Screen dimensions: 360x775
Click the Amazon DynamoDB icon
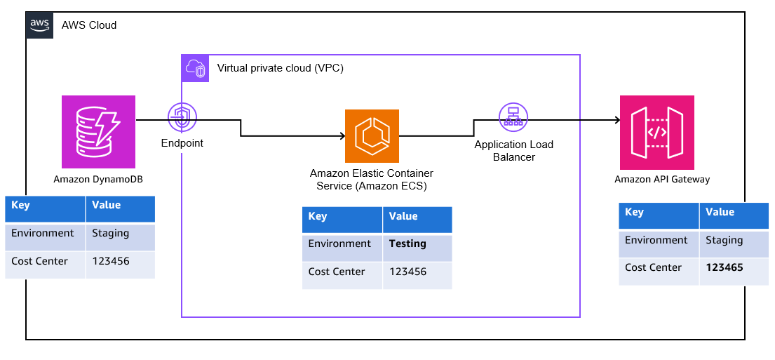coord(98,132)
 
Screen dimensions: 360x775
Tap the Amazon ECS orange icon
coord(372,136)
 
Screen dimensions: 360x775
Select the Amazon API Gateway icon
coord(656,132)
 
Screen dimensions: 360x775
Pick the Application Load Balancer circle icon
coord(513,117)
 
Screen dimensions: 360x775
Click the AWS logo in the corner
coord(39,25)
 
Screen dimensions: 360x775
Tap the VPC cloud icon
coord(195,68)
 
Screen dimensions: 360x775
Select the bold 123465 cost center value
coord(725,267)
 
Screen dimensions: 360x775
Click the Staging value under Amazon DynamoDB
coord(111,233)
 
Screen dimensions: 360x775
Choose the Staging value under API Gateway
coord(725,240)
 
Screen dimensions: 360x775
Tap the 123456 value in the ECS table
coord(407,272)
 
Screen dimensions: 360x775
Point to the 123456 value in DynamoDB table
coord(111,261)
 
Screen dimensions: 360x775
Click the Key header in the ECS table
coord(318,216)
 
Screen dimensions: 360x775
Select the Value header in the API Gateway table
coord(720,212)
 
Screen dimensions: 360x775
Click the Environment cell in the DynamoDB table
coord(43,233)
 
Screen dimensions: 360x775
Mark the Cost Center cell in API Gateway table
coord(653,267)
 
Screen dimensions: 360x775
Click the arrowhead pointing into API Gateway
coord(616,120)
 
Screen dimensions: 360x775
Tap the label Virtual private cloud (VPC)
coord(280,68)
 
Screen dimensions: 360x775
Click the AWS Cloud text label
coord(89,25)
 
